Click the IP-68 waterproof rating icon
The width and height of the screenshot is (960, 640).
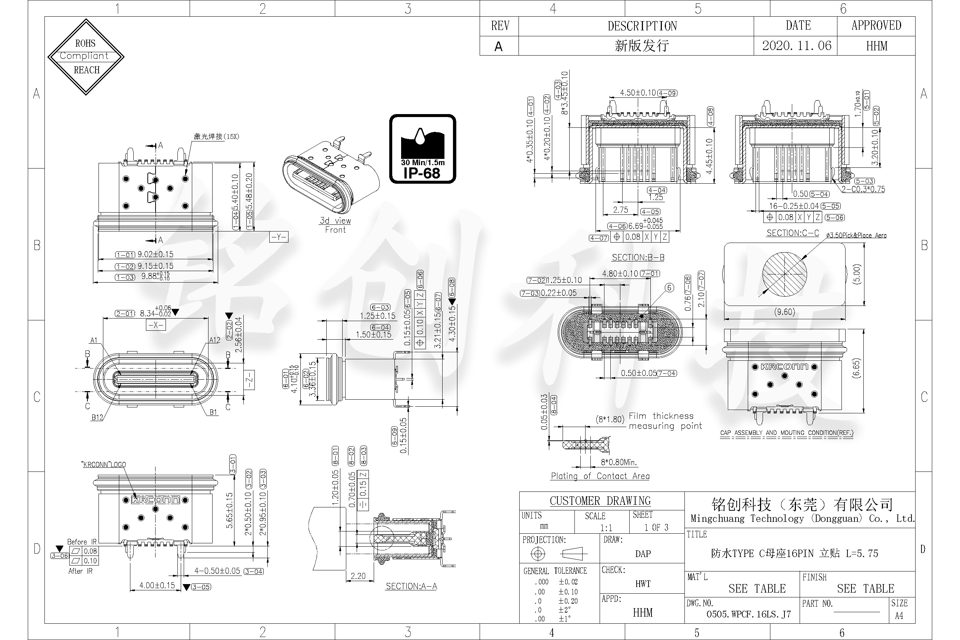pyautogui.click(x=423, y=149)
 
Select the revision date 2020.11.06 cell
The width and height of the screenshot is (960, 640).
pyautogui.click(x=796, y=46)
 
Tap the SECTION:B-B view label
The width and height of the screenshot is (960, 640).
pyautogui.click(x=637, y=257)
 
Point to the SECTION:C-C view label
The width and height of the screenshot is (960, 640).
pyautogui.click(x=792, y=233)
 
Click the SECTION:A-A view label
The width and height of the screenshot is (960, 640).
pyautogui.click(x=411, y=586)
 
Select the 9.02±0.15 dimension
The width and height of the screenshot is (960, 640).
pyautogui.click(x=155, y=254)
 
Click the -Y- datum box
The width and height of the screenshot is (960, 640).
pyautogui.click(x=279, y=237)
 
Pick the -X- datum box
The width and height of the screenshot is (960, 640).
pyautogui.click(x=156, y=325)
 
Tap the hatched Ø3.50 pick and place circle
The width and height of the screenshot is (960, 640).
pyautogui.click(x=784, y=274)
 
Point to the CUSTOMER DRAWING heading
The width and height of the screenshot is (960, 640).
pyautogui.click(x=600, y=501)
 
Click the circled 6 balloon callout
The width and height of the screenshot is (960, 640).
pyautogui.click(x=669, y=288)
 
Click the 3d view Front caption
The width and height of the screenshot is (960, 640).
pyautogui.click(x=335, y=225)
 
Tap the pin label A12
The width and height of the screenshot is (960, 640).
pyautogui.click(x=214, y=340)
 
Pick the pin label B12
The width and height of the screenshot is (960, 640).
pyautogui.click(x=97, y=417)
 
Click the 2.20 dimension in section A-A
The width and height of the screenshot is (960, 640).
pyautogui.click(x=358, y=576)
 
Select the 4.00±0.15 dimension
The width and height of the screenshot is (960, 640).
pyautogui.click(x=157, y=585)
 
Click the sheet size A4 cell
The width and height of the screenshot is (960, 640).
pyautogui.click(x=899, y=616)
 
